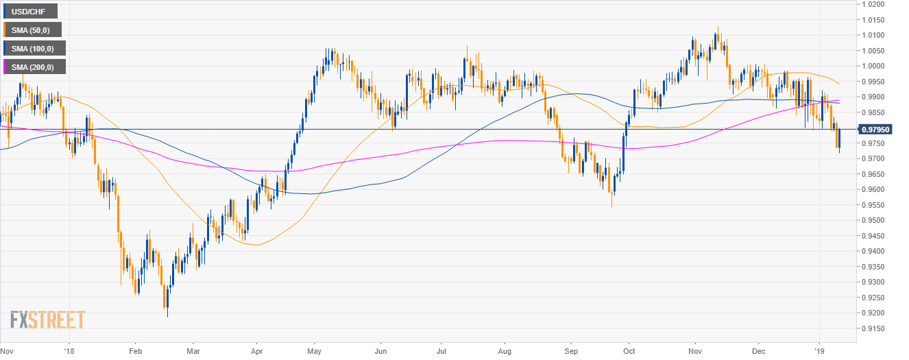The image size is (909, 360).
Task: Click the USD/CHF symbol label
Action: point(30,11)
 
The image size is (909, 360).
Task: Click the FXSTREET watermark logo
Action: point(47,320)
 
